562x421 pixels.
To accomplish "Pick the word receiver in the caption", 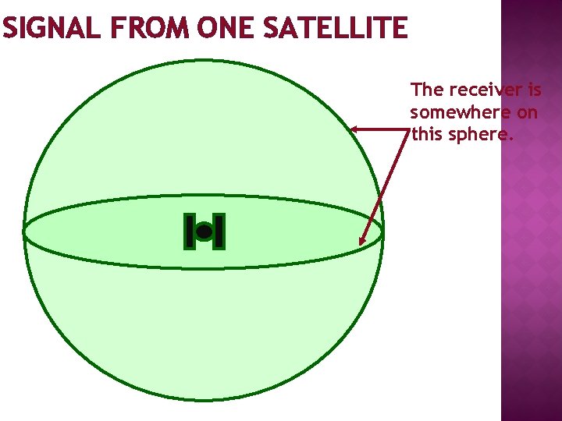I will [x=481, y=90].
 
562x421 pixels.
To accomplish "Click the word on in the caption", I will [x=528, y=112].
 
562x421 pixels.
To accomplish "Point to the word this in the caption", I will [x=428, y=134].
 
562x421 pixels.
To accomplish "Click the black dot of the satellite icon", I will [x=204, y=232].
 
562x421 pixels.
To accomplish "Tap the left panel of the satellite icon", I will [x=189, y=232].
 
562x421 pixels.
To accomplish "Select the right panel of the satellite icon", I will [x=219, y=232].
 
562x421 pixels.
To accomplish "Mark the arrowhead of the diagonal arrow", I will [x=362, y=241].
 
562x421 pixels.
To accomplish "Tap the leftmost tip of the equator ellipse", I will [x=23, y=232].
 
